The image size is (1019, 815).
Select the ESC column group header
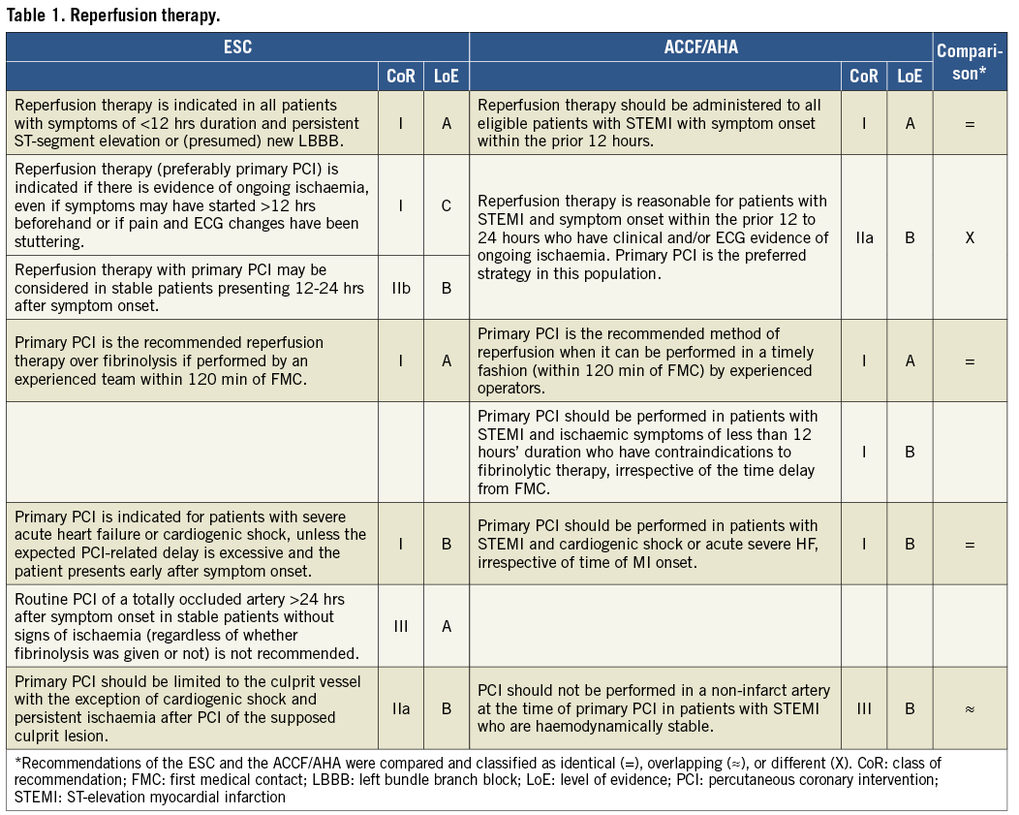pyautogui.click(x=237, y=47)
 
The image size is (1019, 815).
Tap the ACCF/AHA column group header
pyautogui.click(x=700, y=47)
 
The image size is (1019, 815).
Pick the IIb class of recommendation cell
pyautogui.click(x=401, y=287)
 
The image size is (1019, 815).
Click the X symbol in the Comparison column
pyautogui.click(x=969, y=237)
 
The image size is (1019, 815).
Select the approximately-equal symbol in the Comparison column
pyautogui.click(x=969, y=708)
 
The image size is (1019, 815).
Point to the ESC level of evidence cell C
pyautogui.click(x=447, y=204)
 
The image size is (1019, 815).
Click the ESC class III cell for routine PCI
pyautogui.click(x=401, y=626)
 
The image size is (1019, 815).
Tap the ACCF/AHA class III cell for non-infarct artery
pyautogui.click(x=863, y=708)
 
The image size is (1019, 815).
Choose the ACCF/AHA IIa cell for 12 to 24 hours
pyautogui.click(x=863, y=237)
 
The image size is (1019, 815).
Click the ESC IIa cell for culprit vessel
pyautogui.click(x=401, y=708)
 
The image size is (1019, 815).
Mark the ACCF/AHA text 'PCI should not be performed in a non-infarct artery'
pyautogui.click(x=654, y=708)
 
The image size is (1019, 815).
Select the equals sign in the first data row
pyautogui.click(x=969, y=124)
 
